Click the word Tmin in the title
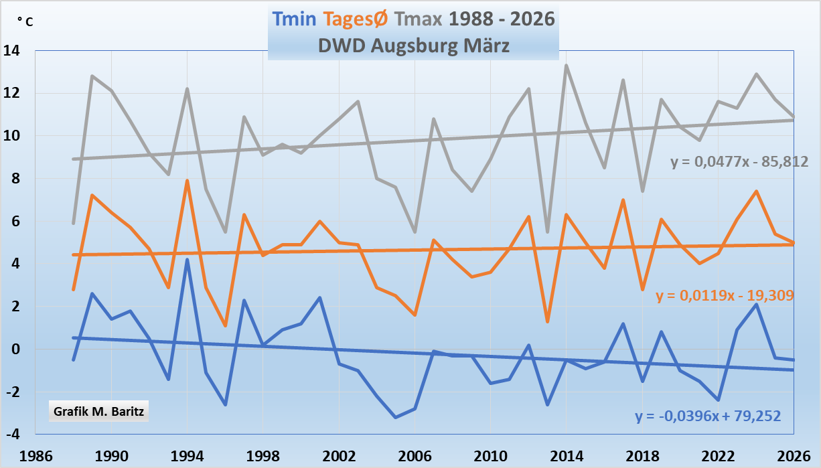[294, 19]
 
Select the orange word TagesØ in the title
[355, 19]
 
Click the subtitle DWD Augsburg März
[412, 46]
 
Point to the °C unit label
[25, 21]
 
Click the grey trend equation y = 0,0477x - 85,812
[739, 161]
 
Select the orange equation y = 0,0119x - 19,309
[725, 295]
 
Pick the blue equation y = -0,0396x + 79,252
[708, 416]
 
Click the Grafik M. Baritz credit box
[98, 410]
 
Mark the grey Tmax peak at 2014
[567, 66]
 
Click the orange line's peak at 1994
[188, 181]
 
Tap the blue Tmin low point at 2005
[396, 417]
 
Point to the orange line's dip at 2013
[548, 322]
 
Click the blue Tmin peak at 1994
[188, 260]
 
